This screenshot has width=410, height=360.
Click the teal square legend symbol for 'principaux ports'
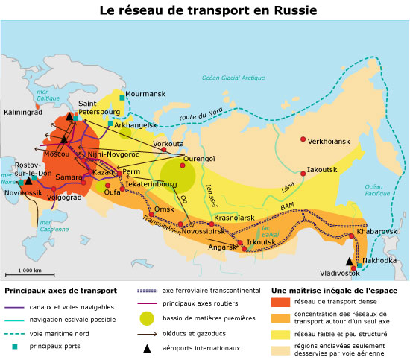13,347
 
